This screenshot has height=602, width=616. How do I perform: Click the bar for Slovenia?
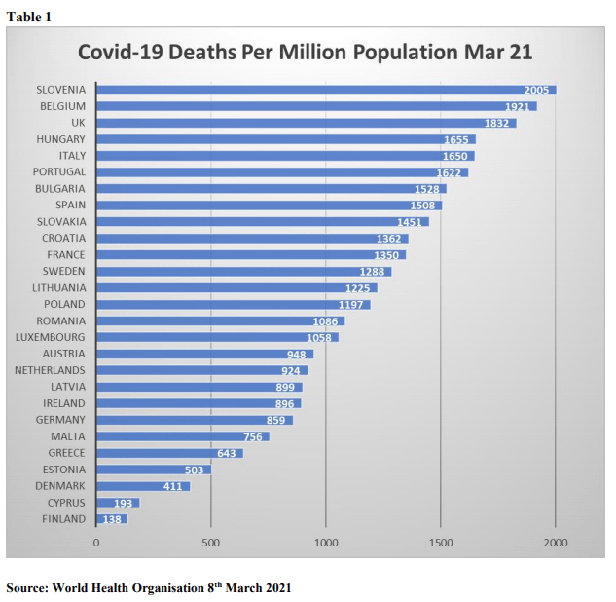pyautogui.click(x=326, y=90)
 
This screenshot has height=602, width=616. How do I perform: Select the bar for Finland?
pyautogui.click(x=112, y=519)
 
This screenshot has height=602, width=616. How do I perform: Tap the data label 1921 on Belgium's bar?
pyautogui.click(x=518, y=106)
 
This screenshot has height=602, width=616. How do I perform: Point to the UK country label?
pyautogui.click(x=79, y=123)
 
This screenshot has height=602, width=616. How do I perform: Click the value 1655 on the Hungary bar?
pyautogui.click(x=456, y=139)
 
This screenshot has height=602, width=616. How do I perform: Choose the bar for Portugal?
pyautogui.click(x=282, y=172)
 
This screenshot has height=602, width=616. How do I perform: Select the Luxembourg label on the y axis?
pyautogui.click(x=50, y=337)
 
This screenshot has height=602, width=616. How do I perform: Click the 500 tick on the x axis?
pyautogui.click(x=211, y=542)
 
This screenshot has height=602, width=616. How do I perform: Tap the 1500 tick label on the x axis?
pyautogui.click(x=441, y=542)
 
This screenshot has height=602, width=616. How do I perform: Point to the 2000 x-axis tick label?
pyautogui.click(x=556, y=542)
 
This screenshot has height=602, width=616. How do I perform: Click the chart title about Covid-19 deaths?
pyautogui.click(x=305, y=52)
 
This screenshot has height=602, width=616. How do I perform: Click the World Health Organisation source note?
pyautogui.click(x=148, y=587)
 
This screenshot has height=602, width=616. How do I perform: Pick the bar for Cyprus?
pyautogui.click(x=118, y=503)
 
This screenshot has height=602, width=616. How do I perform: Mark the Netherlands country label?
pyautogui.click(x=50, y=370)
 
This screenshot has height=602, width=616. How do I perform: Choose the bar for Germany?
pyautogui.click(x=194, y=420)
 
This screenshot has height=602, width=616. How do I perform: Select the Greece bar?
pyautogui.click(x=169, y=453)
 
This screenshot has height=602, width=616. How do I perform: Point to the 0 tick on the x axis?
pyautogui.click(x=96, y=542)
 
